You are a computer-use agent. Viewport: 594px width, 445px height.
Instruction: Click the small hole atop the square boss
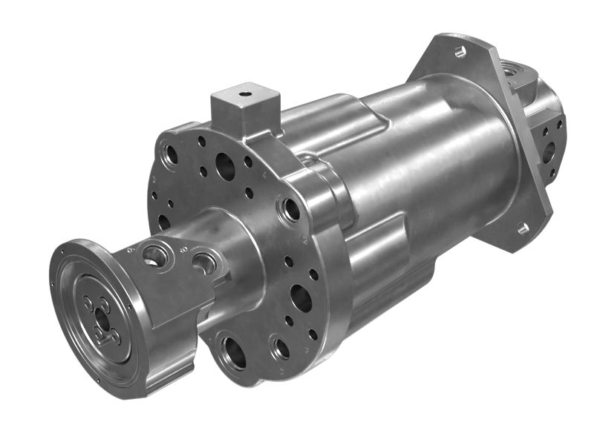pyautogui.click(x=244, y=95)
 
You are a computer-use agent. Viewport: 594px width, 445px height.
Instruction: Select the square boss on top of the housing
pyautogui.click(x=245, y=111)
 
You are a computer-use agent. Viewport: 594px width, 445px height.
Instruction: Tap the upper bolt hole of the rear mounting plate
pyautogui.click(x=460, y=52)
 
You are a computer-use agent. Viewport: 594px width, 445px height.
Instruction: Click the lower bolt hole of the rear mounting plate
pyautogui.click(x=523, y=228)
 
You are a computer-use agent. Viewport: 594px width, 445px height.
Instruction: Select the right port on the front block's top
pyautogui.click(x=204, y=262)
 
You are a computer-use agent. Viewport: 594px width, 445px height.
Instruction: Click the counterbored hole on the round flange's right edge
pyautogui.click(x=291, y=209)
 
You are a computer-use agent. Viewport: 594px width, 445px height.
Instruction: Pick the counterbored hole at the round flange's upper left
pyautogui.click(x=171, y=155)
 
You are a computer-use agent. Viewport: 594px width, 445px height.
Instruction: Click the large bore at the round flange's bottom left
pyautogui.click(x=234, y=352)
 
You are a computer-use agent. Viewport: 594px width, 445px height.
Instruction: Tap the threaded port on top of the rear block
pyautogui.click(x=512, y=72)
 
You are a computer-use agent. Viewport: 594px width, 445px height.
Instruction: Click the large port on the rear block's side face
pyautogui.click(x=549, y=152)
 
